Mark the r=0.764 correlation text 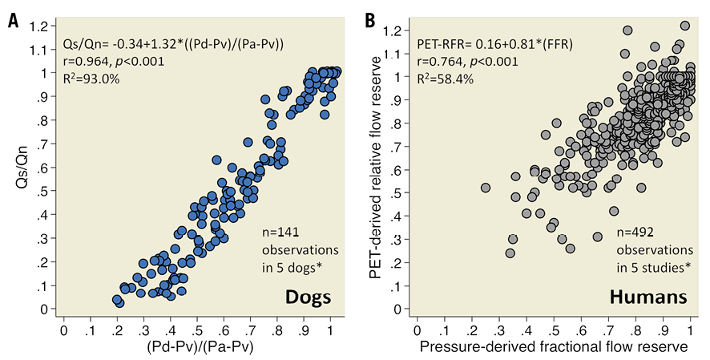click(462, 60)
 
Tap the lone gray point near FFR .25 click(486, 188)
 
